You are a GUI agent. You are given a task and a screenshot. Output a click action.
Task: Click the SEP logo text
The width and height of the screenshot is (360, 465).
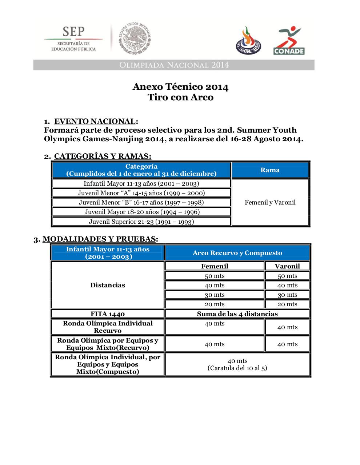tap(73, 32)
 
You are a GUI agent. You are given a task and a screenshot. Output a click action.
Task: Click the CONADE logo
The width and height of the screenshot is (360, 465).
tap(289, 40)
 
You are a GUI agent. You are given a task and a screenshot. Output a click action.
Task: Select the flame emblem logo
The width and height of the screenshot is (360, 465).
tap(248, 41)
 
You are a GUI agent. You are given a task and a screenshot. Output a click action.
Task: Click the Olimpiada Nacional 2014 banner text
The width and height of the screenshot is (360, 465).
tap(174, 65)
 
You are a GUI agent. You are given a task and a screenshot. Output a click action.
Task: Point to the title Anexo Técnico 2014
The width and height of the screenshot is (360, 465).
tap(180, 87)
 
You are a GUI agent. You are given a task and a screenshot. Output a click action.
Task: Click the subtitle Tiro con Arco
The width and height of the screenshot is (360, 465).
tap(180, 97)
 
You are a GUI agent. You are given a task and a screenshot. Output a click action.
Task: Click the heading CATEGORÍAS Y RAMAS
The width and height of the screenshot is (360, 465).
tap(102, 156)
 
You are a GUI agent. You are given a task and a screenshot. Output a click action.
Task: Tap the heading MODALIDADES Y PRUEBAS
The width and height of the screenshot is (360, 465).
tap(100, 239)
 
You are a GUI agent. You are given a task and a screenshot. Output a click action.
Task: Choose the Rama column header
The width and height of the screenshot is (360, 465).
tap(270, 170)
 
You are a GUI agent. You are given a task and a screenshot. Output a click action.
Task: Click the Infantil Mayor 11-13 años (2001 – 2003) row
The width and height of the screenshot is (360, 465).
tap(141, 183)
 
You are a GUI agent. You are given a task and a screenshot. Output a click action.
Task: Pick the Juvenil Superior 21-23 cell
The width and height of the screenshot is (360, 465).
tap(141, 222)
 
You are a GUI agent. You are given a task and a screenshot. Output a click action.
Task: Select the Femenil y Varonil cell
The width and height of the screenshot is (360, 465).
tap(270, 202)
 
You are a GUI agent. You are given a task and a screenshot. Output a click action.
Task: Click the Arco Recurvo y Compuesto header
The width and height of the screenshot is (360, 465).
tap(237, 253)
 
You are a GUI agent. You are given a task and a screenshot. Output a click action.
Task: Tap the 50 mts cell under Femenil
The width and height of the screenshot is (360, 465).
tap(215, 276)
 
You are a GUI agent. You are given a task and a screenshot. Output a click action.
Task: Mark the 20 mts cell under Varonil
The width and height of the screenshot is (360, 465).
tap(287, 304)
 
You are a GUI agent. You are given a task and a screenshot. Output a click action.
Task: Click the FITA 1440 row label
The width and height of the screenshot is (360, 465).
tap(108, 314)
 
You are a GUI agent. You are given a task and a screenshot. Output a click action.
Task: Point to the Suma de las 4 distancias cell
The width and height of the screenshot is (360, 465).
tap(237, 314)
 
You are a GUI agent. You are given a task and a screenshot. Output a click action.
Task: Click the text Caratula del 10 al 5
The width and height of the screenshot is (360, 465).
tap(237, 368)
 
